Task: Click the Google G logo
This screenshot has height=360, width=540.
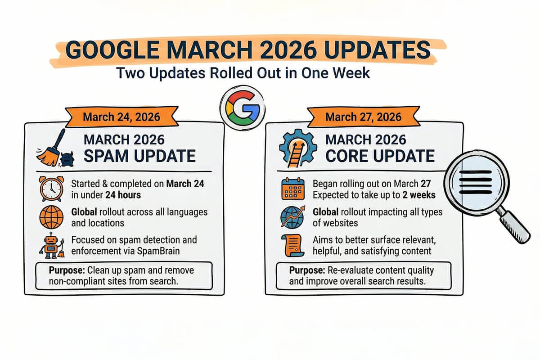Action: (x=243, y=108)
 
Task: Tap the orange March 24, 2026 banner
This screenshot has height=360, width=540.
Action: (x=122, y=117)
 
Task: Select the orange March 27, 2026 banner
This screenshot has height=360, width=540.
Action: (x=364, y=117)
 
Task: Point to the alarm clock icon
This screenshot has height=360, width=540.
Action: (x=52, y=189)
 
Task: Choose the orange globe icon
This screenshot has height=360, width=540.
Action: (x=51, y=217)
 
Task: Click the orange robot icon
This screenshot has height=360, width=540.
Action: (x=52, y=245)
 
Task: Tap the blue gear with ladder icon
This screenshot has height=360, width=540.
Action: (x=298, y=148)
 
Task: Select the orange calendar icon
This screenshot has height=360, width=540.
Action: (x=293, y=189)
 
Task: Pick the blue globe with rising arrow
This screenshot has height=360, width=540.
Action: (x=292, y=217)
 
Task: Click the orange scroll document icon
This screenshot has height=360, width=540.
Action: (x=292, y=245)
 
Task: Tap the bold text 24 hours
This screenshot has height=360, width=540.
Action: (x=123, y=195)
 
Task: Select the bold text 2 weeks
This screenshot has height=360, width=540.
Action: (x=419, y=195)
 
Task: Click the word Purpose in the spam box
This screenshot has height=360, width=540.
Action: (x=67, y=270)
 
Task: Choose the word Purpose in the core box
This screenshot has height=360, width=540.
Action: (x=307, y=270)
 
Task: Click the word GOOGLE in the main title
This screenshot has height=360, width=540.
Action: (x=112, y=50)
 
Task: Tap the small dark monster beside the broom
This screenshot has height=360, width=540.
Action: (x=67, y=159)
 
